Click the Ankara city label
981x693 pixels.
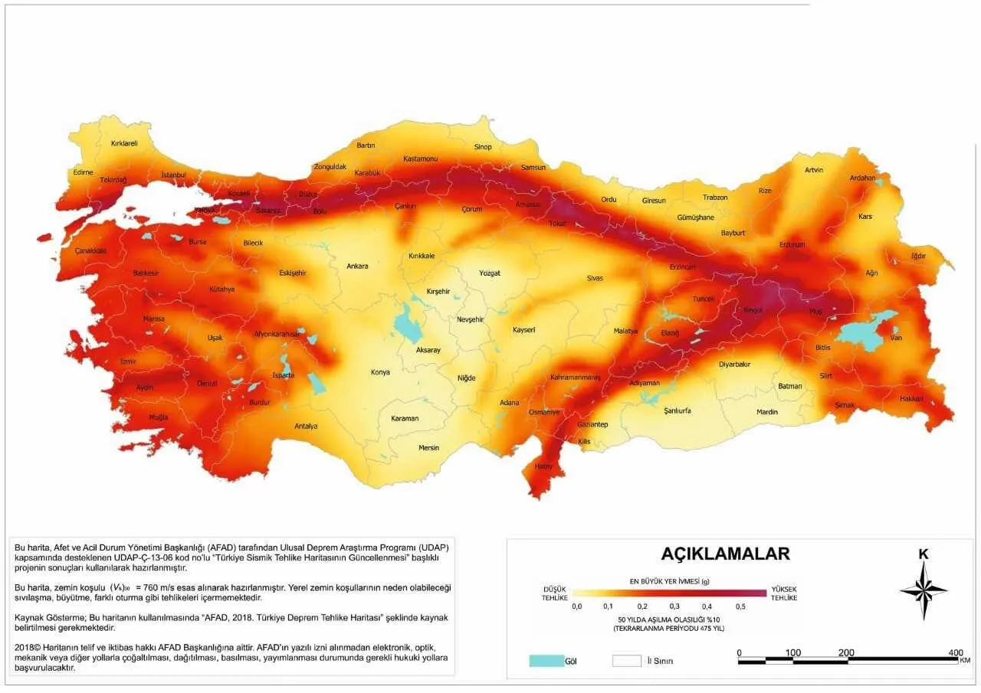click(x=357, y=266)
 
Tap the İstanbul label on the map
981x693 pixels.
click(x=174, y=175)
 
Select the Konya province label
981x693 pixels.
click(x=379, y=372)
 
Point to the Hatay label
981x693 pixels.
click(x=543, y=466)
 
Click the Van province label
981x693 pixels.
click(x=895, y=338)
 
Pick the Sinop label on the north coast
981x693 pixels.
click(x=482, y=146)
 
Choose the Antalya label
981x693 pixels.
click(x=306, y=426)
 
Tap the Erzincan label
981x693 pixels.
click(x=682, y=266)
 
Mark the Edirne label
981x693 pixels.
click(x=83, y=172)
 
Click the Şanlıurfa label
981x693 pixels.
click(x=677, y=410)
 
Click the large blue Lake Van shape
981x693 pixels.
click(x=862, y=333)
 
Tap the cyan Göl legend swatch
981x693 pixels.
click(x=546, y=661)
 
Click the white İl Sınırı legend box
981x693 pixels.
click(x=626, y=661)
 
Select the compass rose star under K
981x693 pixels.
click(x=924, y=590)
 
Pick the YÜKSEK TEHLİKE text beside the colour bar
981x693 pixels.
click(x=783, y=592)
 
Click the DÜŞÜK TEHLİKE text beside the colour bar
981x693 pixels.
click(x=555, y=592)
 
